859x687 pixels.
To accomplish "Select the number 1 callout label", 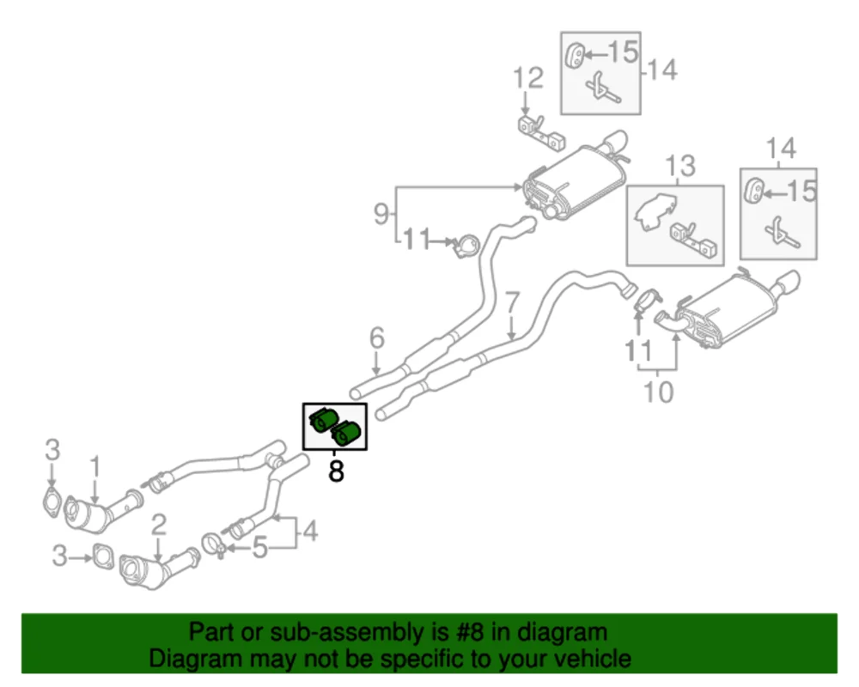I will click(95, 467).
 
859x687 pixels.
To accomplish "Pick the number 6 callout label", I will click(377, 339).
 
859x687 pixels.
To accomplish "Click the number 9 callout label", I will click(381, 213).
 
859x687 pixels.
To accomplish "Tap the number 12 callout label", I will click(529, 80).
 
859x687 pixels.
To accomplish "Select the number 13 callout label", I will click(680, 166).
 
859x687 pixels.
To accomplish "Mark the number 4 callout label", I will click(308, 532).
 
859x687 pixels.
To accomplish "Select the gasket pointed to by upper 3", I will click(52, 502).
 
